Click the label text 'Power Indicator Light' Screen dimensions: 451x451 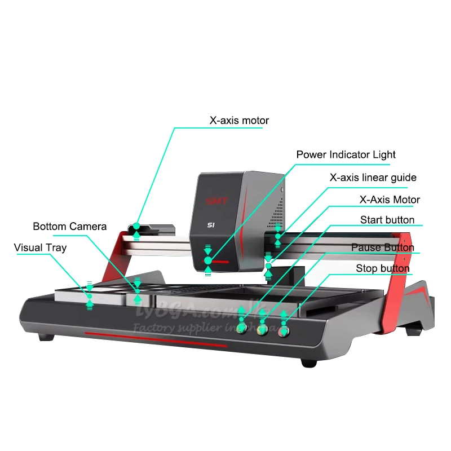pyautogui.click(x=346, y=154)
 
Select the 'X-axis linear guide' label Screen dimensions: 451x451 pyautogui.click(x=373, y=178)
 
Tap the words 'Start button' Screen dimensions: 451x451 pyautogui.click(x=387, y=220)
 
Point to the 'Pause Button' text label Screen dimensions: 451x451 pyautogui.click(x=382, y=247)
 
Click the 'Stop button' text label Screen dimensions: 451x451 pyautogui.click(x=382, y=268)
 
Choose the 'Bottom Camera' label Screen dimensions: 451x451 pyautogui.click(x=70, y=227)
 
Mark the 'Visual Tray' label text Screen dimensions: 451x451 pyautogui.click(x=40, y=247)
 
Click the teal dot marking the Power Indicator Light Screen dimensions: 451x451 pyautogui.click(x=208, y=260)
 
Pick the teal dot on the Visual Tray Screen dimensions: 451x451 pyautogui.click(x=89, y=295)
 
